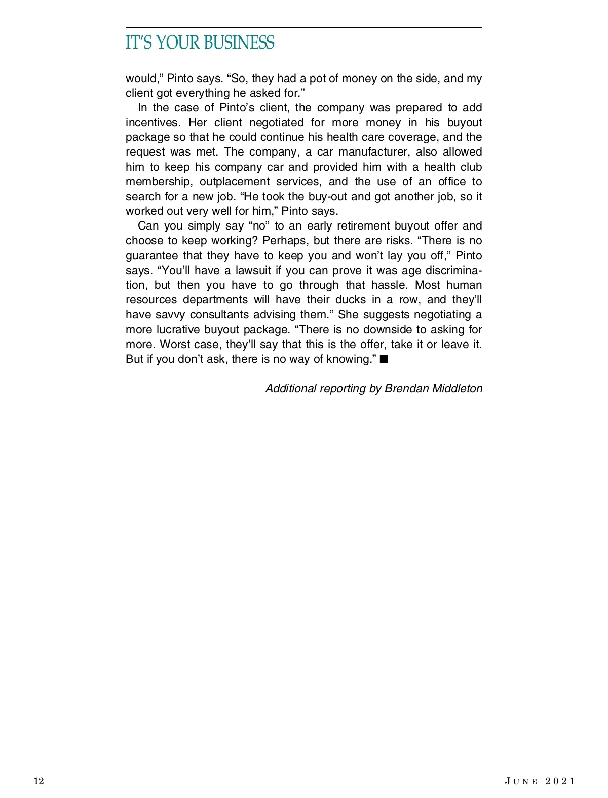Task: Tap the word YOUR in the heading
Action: (x=178, y=43)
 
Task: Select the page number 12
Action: (x=39, y=781)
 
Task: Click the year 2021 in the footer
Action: (x=560, y=781)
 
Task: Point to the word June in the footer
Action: (x=521, y=781)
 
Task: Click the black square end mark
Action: (x=384, y=359)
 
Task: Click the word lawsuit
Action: (x=253, y=270)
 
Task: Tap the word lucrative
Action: (x=177, y=329)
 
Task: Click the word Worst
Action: (x=174, y=345)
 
